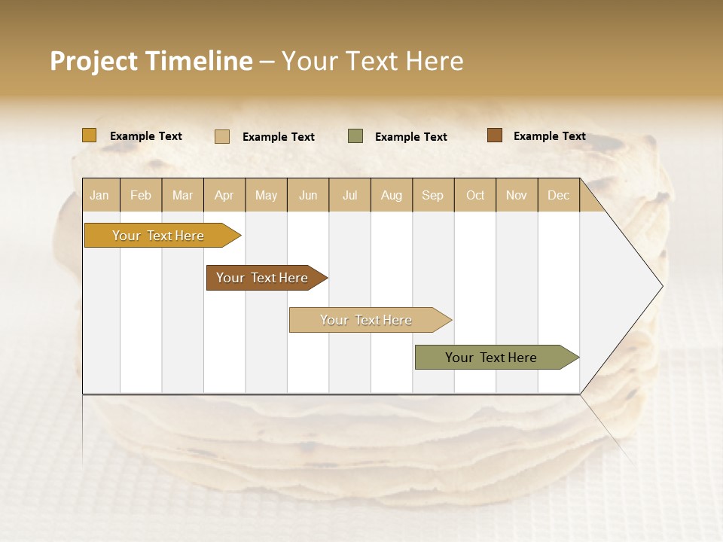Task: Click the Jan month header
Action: point(100,196)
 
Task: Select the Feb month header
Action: point(141,196)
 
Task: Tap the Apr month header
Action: point(224,196)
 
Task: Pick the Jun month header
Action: point(308,196)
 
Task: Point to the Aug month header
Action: point(391,196)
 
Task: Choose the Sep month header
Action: point(432,196)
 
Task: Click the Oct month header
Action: point(475,196)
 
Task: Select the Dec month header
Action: point(558,196)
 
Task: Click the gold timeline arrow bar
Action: point(158,236)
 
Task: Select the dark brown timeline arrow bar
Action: point(262,278)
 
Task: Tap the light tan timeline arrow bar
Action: point(366,320)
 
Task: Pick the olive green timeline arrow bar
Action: point(491,358)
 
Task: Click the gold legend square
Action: point(90,135)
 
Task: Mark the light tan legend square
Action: point(222,136)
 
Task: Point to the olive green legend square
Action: point(355,136)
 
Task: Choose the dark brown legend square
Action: point(494,135)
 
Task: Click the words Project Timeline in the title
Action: point(151,61)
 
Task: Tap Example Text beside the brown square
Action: point(549,136)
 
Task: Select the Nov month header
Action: point(516,196)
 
